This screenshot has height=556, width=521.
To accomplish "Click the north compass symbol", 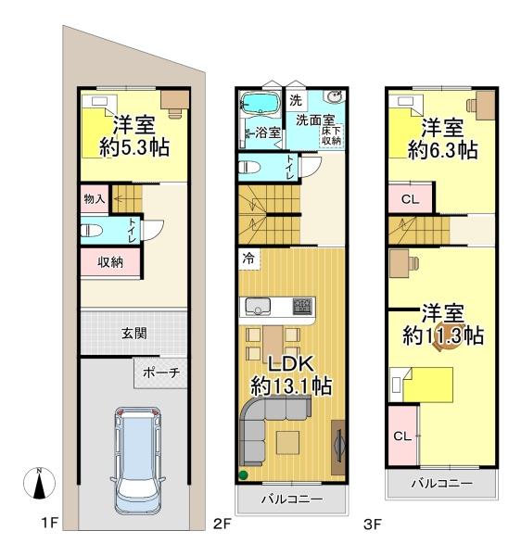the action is point(39,483).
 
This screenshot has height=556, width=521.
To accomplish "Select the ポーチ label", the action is point(161,373).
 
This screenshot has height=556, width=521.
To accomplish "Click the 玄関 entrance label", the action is point(133,334).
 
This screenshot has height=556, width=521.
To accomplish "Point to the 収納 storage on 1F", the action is point(110,261).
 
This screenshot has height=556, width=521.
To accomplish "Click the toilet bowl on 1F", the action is point(91,231).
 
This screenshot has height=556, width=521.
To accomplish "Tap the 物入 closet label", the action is point(95,199).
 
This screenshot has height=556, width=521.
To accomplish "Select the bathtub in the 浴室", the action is point(260,103).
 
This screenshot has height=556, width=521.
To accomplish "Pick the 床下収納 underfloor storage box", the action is point(332,135).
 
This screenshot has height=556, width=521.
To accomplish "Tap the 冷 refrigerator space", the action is point(249,259).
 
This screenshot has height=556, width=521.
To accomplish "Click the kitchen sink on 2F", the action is point(258,307).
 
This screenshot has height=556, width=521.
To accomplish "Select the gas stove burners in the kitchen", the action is point(302,306).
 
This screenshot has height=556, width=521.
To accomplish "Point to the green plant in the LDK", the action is point(243,474).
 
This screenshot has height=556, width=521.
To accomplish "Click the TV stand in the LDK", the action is point(338,448).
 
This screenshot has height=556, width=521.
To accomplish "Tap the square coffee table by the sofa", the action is point(287,442).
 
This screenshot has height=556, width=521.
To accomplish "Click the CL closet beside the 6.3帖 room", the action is point(411,198).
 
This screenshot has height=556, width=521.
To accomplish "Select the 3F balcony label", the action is point(442,483).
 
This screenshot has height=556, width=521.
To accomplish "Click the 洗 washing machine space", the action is point(296,100).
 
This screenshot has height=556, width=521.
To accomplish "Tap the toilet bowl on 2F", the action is point(249,167).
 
